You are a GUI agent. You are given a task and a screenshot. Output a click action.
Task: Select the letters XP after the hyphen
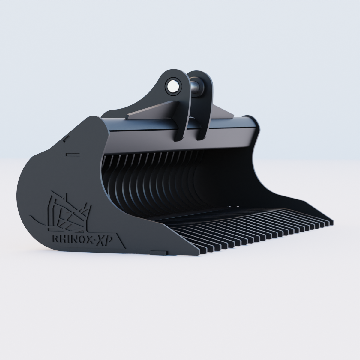tap(102, 240)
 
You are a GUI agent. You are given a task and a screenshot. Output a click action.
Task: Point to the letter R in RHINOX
tap(55, 239)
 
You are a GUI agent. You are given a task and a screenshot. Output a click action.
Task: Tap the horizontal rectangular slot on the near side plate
tap(73, 155)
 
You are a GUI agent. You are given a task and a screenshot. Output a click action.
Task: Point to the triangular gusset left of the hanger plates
tap(150, 111)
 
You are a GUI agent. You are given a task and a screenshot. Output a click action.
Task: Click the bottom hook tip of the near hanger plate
tap(178, 139)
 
